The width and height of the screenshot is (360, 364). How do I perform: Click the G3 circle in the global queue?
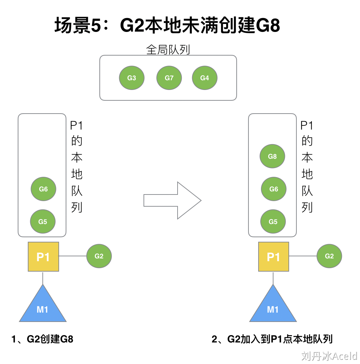coord(132,78)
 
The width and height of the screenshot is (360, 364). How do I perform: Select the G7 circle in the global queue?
coord(169,78)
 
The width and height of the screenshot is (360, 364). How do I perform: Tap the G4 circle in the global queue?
coord(205,78)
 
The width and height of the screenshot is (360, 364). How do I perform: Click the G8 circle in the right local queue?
coord(272,156)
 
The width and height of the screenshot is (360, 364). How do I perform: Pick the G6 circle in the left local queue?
coord(43,189)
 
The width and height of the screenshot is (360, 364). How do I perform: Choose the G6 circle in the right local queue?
coord(274,189)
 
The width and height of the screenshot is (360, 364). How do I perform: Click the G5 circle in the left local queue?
coord(43,221)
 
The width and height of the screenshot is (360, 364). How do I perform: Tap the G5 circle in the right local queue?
coord(273,221)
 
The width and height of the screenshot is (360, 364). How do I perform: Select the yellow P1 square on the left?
coord(43,257)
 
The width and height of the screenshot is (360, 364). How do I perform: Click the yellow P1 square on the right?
coord(273,257)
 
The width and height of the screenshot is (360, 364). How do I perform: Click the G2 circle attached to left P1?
coord(99,256)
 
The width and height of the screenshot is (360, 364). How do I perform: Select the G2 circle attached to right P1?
coord(329,256)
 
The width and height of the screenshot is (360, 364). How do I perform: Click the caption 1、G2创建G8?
coord(42,339)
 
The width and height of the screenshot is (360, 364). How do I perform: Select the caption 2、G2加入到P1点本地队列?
coord(272,339)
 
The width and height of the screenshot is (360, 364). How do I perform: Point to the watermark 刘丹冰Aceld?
coord(329,356)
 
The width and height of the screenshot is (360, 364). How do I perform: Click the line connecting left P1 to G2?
coord(72,256)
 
